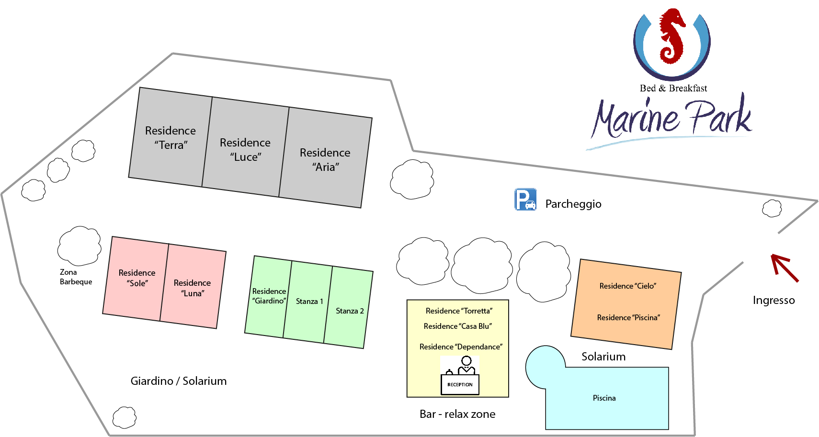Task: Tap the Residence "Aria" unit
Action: click(x=325, y=157)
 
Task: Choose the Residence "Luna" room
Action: click(x=193, y=286)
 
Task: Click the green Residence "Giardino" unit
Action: click(x=268, y=297)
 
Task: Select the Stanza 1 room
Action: click(x=308, y=302)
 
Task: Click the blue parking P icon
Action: click(x=525, y=200)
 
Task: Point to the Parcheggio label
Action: click(x=573, y=204)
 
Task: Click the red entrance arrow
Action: click(x=785, y=268)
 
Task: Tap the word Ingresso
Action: click(x=773, y=300)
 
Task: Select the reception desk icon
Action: click(x=460, y=375)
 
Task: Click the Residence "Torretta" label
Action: click(x=459, y=311)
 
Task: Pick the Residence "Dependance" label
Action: click(x=461, y=347)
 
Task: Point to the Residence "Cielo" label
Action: click(x=628, y=286)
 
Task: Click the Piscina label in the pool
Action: click(x=604, y=398)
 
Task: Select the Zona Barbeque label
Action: click(x=76, y=277)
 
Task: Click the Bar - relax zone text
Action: click(x=457, y=414)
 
